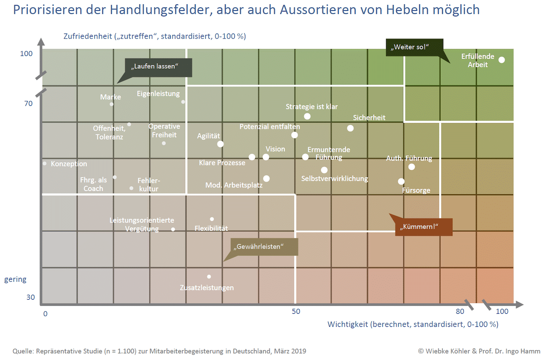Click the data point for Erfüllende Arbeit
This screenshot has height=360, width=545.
tap(502, 60)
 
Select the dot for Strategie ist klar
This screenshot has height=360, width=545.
tap(307, 116)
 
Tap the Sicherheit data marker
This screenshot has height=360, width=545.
tap(350, 128)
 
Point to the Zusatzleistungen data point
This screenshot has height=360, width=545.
tap(209, 276)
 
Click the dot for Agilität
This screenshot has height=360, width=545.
tap(220, 144)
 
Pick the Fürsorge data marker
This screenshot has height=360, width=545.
tap(401, 181)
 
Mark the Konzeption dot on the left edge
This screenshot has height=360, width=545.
tap(45, 163)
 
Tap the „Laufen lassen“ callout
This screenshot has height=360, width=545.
tap(159, 67)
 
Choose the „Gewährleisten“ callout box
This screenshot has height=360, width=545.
tap(264, 247)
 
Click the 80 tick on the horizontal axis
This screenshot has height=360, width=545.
tap(460, 311)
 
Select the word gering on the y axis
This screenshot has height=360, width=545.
tap(15, 279)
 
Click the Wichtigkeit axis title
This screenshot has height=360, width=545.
tap(413, 324)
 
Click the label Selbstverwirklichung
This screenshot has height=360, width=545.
tap(334, 178)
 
